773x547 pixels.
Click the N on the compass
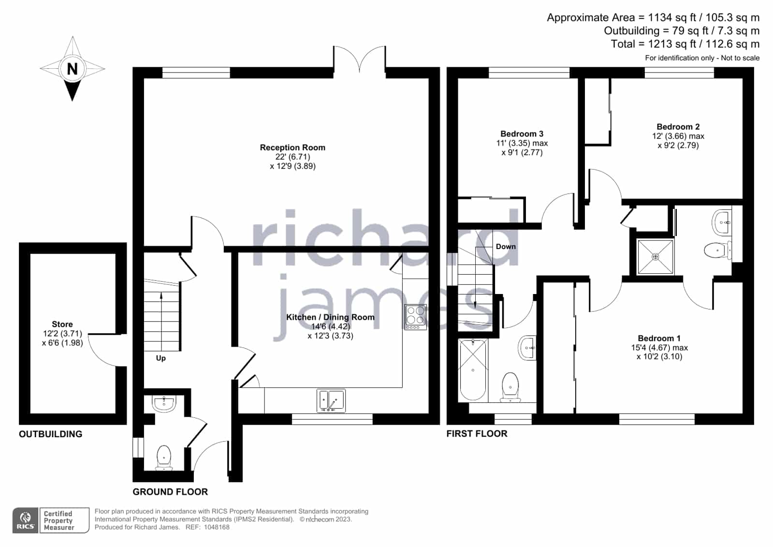(x=72, y=69)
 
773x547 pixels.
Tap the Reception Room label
(x=292, y=148)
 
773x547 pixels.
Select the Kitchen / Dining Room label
(x=330, y=317)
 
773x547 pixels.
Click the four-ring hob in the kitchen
(x=415, y=317)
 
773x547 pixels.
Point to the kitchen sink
(x=331, y=401)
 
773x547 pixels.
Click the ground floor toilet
(x=164, y=458)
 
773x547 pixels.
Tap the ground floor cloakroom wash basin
(x=164, y=403)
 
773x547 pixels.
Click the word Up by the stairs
(x=161, y=358)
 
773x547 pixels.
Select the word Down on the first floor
(x=506, y=247)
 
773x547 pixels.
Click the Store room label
(x=62, y=324)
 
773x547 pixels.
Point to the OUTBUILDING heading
(x=50, y=434)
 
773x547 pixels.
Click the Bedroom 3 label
(x=522, y=133)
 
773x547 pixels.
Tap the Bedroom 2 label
(x=678, y=127)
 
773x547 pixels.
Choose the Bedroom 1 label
(x=659, y=338)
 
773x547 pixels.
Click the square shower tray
(x=656, y=257)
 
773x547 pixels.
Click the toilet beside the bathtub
(x=510, y=387)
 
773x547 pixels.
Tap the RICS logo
(x=26, y=520)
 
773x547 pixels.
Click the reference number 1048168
(x=217, y=527)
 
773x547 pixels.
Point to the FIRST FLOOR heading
(x=477, y=434)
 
